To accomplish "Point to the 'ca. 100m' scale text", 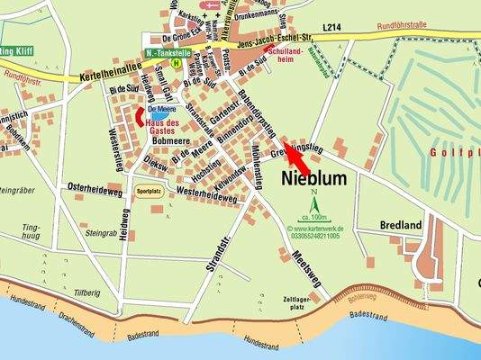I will (316, 220).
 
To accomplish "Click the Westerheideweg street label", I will (207, 193).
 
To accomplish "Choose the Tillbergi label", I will (87, 292).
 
